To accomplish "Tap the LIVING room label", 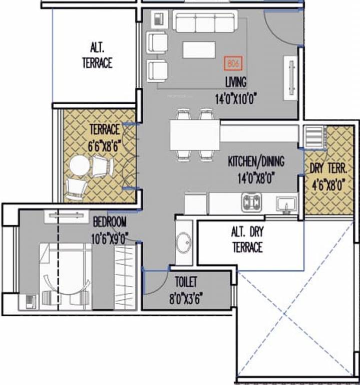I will (235, 82).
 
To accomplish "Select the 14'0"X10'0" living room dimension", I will (235, 99).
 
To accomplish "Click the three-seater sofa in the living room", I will (205, 22).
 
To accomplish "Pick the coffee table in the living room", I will (199, 50).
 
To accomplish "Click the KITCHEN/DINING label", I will (256, 161).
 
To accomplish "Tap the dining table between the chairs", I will (195, 135).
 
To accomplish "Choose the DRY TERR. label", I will (328, 168).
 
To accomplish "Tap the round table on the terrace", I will (80, 165).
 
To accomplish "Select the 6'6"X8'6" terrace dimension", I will (105, 146).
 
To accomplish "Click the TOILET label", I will (186, 282).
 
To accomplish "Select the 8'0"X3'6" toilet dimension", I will (186, 299).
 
